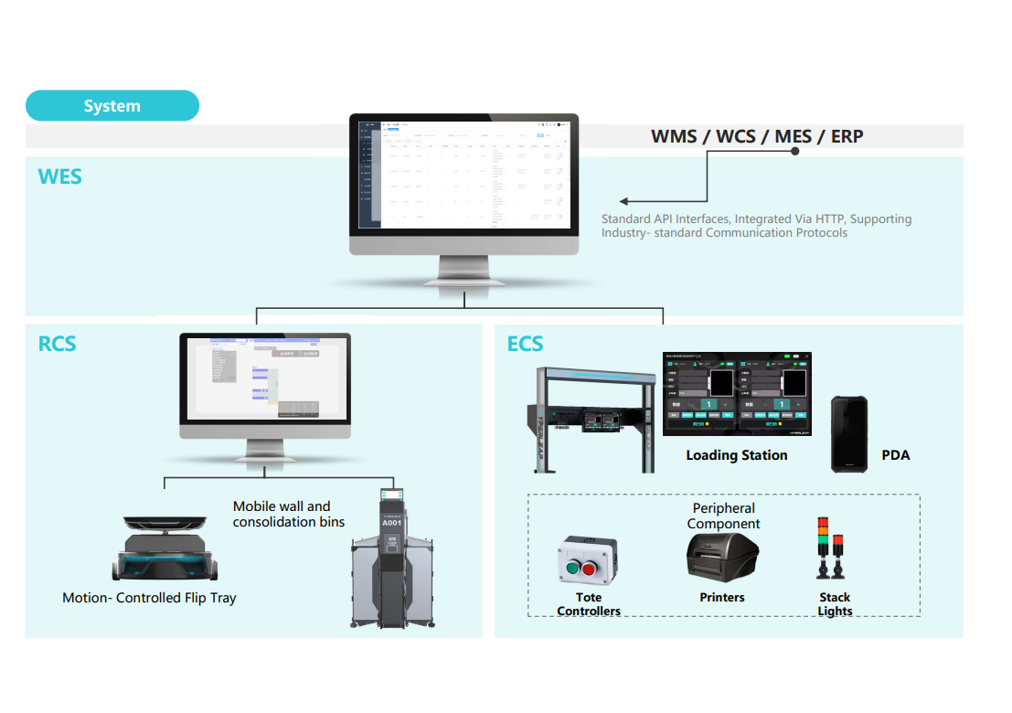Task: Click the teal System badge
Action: point(112,106)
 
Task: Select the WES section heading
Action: point(60,176)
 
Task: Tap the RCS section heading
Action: point(57,344)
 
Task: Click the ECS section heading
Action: point(525,344)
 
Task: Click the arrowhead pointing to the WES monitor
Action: point(623,201)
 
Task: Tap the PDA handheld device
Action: point(848,434)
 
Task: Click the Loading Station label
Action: point(736,455)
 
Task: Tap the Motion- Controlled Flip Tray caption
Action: point(149,598)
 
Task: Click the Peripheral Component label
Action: point(723,516)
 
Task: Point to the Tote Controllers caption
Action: point(589,604)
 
